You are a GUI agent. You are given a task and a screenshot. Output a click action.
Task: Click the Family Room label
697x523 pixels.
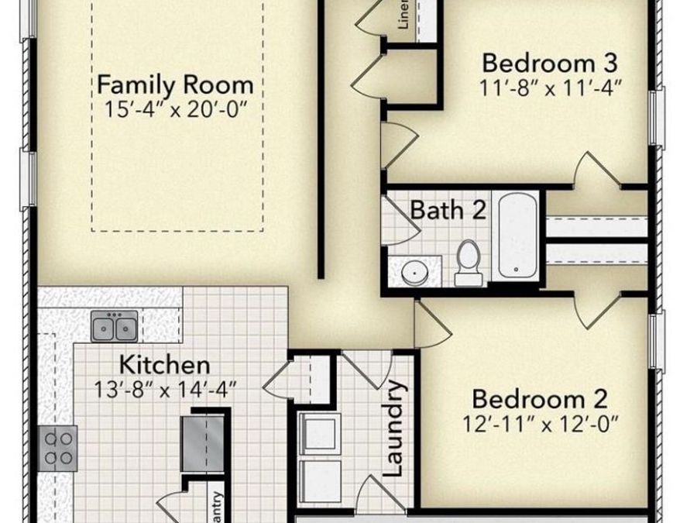click(x=175, y=84)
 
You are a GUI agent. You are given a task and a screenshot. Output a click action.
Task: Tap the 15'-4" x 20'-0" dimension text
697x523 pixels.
click(x=175, y=108)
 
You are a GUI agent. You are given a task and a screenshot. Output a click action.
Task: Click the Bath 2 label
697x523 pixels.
click(x=448, y=210)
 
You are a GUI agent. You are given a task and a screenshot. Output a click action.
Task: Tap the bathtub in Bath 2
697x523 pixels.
click(x=517, y=234)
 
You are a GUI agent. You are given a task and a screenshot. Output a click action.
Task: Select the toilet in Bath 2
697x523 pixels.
click(x=469, y=262)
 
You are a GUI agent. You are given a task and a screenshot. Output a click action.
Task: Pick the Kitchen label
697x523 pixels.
click(x=164, y=364)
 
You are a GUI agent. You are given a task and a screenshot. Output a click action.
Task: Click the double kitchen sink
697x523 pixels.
click(x=115, y=326)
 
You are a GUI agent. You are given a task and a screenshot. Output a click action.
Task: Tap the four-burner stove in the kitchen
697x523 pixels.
click(x=59, y=448)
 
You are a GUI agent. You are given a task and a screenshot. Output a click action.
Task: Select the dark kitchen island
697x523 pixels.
click(x=204, y=443)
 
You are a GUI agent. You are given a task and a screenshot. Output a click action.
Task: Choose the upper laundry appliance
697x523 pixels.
click(x=319, y=434)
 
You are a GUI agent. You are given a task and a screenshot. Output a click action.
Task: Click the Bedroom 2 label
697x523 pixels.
click(x=540, y=400)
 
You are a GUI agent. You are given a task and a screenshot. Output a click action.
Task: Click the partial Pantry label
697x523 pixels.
click(x=218, y=508)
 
